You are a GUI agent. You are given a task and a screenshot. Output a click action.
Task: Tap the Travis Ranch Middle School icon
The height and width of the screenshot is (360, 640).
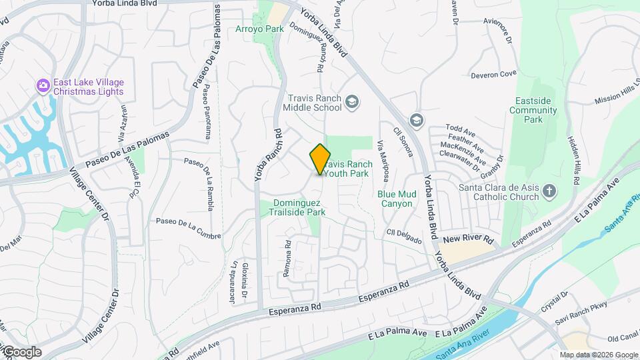pyautogui.click(x=352, y=102)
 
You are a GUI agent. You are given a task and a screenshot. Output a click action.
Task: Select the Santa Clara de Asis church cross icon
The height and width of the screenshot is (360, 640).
pyautogui.click(x=549, y=192)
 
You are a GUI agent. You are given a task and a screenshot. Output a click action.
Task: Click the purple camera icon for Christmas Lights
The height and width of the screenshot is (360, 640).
pyautogui.click(x=43, y=86)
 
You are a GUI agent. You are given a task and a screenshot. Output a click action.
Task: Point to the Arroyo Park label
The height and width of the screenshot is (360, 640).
pyautogui.click(x=259, y=29)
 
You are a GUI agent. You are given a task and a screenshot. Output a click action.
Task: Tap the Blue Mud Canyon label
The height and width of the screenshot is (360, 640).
pyautogui.click(x=397, y=199)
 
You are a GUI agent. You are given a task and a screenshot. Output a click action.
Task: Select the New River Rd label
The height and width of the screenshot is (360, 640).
pyautogui.click(x=467, y=239)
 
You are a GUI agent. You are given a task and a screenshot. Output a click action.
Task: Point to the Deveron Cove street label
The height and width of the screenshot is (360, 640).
pyautogui.click(x=494, y=75)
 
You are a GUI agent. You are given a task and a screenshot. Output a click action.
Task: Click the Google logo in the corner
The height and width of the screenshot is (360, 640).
pyautogui.click(x=22, y=352)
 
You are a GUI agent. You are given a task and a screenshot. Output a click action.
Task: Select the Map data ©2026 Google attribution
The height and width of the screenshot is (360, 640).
pyautogui.click(x=599, y=355)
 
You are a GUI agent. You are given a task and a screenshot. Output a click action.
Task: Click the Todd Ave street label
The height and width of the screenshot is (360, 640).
pyautogui.click(x=459, y=127)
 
